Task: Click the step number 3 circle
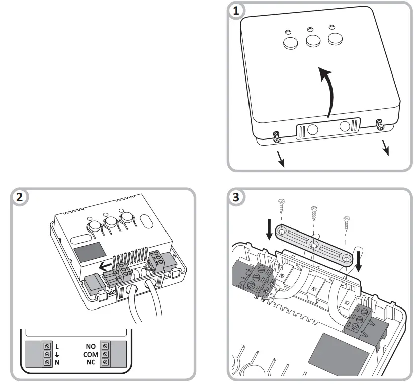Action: tap(235, 197)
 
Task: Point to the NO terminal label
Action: tap(91, 346)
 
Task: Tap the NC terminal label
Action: tap(91, 362)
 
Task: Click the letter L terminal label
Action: tap(57, 346)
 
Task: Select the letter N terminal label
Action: tap(57, 362)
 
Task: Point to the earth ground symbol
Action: tap(57, 354)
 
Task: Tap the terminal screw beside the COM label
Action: tap(105, 354)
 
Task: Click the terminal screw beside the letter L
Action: tap(47, 346)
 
